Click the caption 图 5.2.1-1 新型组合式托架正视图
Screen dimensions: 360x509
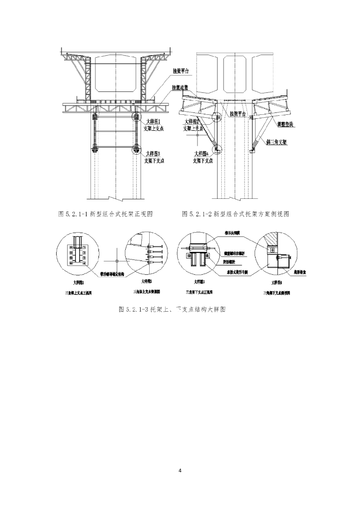(x=105, y=214)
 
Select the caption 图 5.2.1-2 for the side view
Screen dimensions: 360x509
(x=236, y=214)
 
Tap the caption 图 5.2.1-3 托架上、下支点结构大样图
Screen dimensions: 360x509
(x=173, y=309)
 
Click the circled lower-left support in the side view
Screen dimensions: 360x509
(x=215, y=148)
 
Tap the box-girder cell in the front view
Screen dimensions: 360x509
(x=114, y=75)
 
